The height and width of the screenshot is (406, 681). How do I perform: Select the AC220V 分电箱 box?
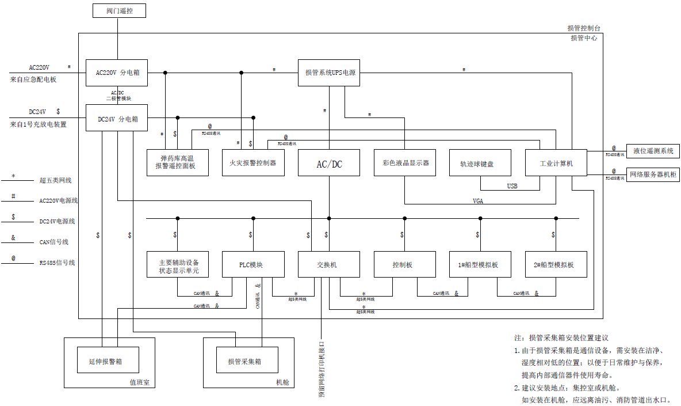tap(117, 73)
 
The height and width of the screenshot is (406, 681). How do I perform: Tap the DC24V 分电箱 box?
tap(117, 119)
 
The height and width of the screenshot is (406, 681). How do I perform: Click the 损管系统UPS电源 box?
tap(330, 73)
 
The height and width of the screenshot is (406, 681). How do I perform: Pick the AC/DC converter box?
tap(329, 163)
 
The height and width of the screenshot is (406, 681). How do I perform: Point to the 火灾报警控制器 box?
tap(253, 163)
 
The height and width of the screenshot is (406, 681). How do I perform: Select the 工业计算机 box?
tap(556, 163)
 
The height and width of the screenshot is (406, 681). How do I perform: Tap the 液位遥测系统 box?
tap(653, 151)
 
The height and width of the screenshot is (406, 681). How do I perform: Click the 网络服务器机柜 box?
tap(653, 173)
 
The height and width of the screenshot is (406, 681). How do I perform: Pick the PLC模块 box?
tap(253, 265)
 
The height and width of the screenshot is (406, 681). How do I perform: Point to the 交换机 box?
tap(329, 265)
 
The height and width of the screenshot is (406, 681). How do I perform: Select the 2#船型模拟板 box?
tap(556, 265)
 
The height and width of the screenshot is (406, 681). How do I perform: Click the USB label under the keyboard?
tap(512, 186)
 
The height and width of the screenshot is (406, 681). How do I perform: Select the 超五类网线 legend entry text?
tap(56, 180)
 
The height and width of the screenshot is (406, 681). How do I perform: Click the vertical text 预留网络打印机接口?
tap(322, 369)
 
